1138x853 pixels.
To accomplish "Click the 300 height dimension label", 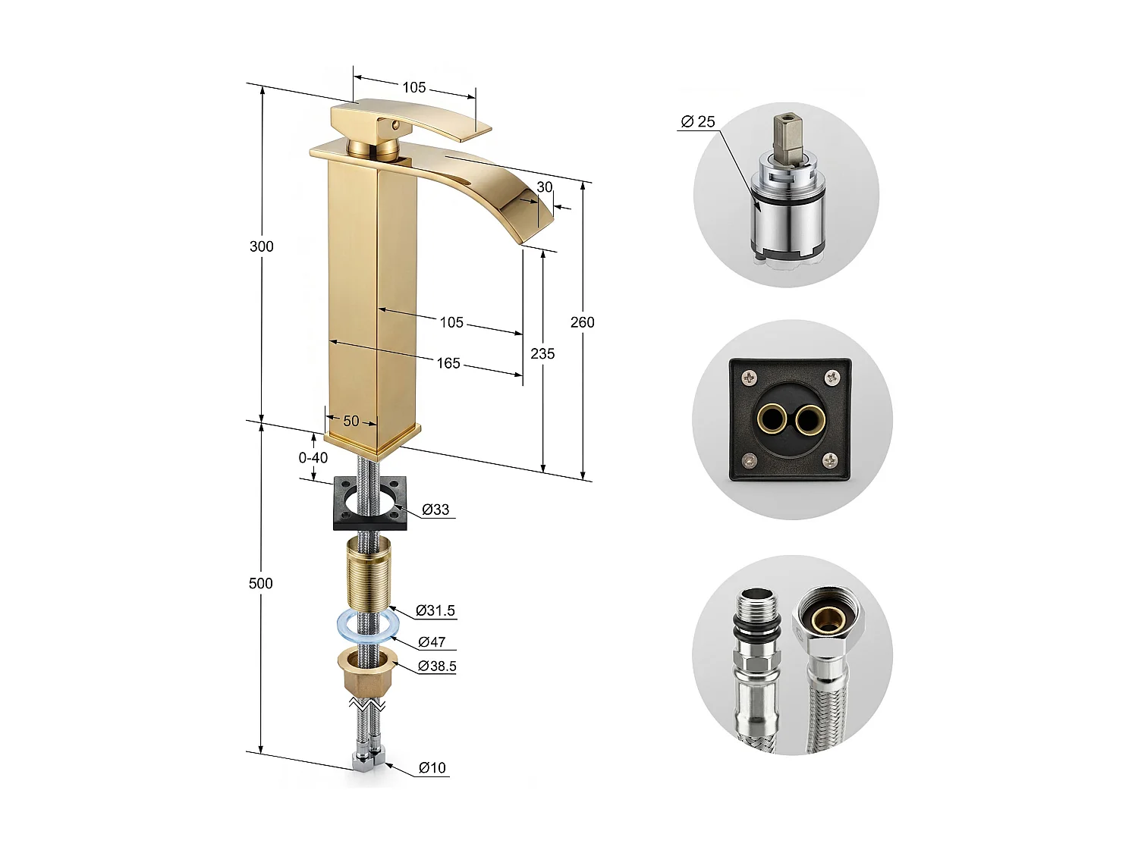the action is pyautogui.click(x=261, y=246).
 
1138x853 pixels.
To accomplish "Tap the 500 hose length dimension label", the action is pyautogui.click(x=260, y=583).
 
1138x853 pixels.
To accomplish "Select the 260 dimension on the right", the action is pyautogui.click(x=582, y=322).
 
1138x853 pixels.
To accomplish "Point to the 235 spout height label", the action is pyautogui.click(x=542, y=354).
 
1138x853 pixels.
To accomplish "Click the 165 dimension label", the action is pyautogui.click(x=448, y=363).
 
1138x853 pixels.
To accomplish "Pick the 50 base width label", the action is pyautogui.click(x=351, y=421).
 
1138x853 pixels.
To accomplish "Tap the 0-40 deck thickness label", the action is pyautogui.click(x=313, y=458).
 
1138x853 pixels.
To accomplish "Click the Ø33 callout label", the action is pyautogui.click(x=435, y=510).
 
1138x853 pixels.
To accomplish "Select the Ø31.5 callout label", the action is pyautogui.click(x=435, y=610).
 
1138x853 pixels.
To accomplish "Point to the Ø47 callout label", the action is pyautogui.click(x=432, y=642).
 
